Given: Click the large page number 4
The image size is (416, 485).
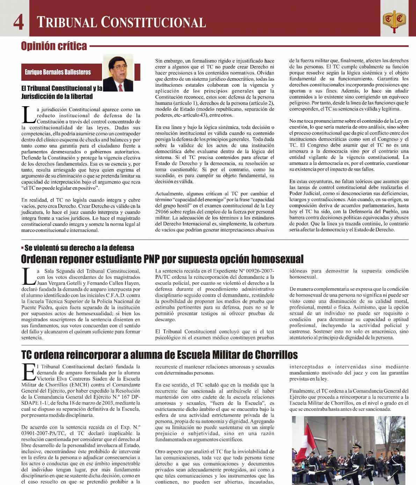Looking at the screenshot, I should (19, 22).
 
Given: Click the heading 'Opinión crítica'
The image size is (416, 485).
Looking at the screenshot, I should (54, 46).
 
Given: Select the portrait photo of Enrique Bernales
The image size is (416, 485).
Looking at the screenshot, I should (118, 73).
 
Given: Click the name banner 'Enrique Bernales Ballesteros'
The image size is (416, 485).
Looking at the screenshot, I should (58, 72).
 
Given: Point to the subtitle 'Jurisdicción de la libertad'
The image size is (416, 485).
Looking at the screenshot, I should (57, 96).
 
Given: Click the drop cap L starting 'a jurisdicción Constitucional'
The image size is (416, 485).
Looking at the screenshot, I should (28, 115).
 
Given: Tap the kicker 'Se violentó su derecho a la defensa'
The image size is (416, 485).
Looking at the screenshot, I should (79, 248).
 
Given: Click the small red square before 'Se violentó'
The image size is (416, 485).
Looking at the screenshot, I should (22, 248).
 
